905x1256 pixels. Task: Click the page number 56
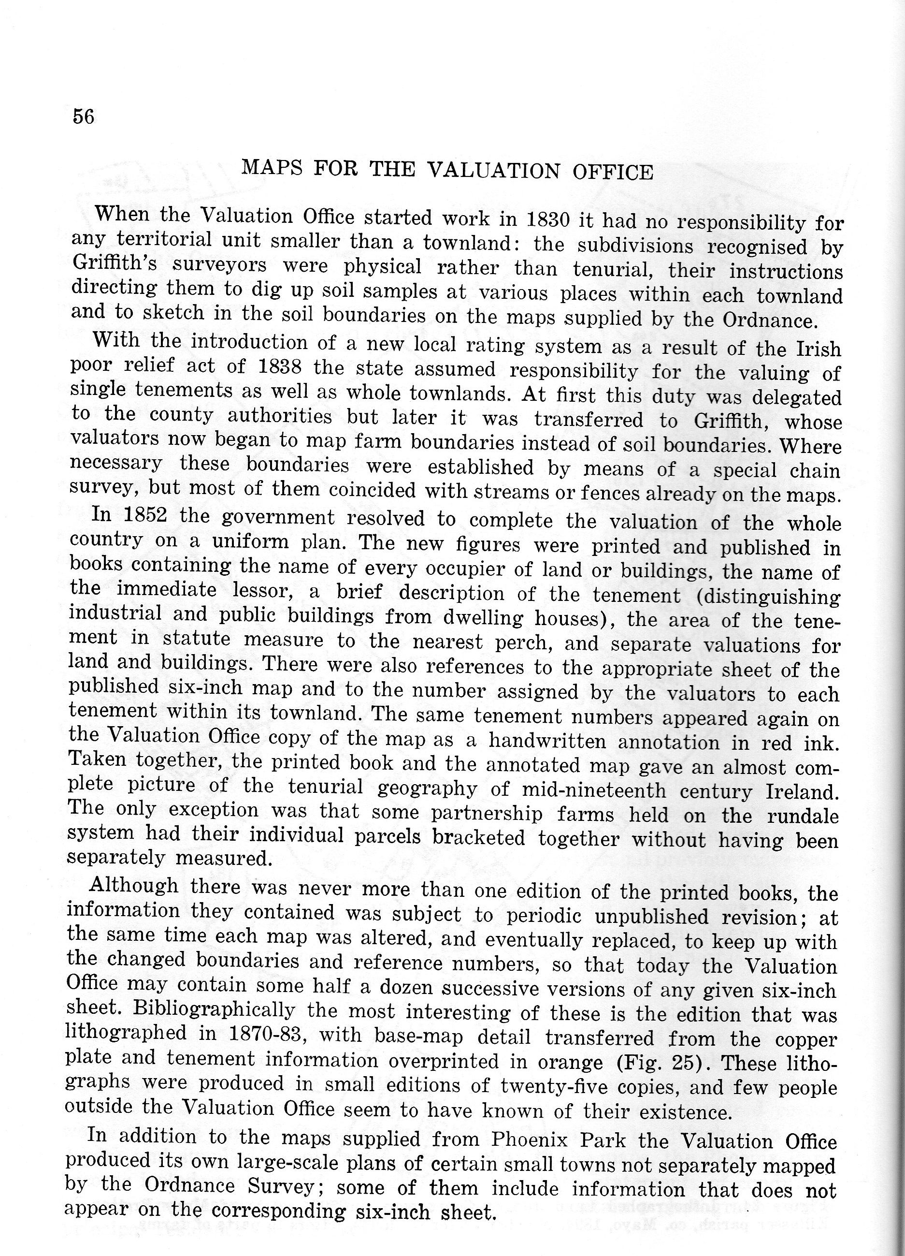(x=84, y=117)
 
